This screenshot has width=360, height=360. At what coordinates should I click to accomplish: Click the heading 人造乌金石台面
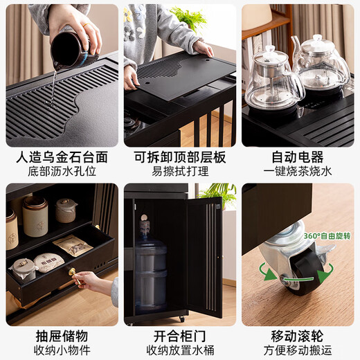[x=62, y=157]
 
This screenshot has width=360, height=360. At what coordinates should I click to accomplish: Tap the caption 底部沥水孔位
[x=62, y=171]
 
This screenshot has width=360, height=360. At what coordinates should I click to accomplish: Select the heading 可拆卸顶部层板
[x=179, y=157]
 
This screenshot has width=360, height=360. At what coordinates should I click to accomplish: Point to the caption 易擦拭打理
[x=179, y=171]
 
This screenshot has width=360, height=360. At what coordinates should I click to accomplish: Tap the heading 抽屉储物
[x=62, y=336]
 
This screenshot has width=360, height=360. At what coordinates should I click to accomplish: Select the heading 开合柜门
[x=179, y=336]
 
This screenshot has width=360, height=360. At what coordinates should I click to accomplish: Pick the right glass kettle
[x=321, y=66]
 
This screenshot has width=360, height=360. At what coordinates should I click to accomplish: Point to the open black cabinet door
[x=204, y=256]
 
